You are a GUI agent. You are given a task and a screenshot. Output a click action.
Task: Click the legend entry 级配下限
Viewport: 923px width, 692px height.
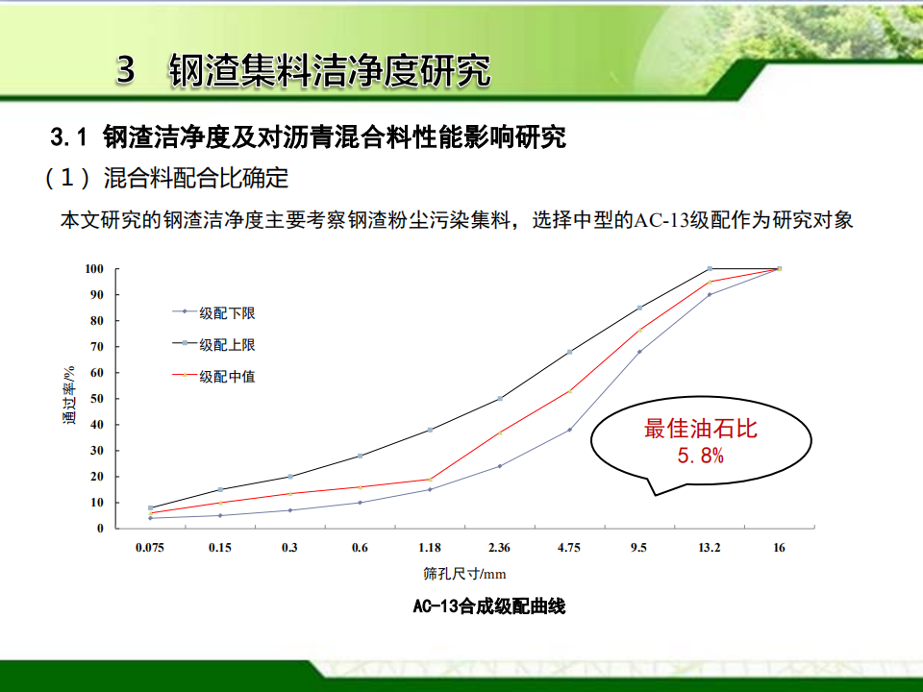click(213, 312)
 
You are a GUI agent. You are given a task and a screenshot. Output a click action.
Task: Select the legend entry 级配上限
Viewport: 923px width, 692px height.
click(213, 344)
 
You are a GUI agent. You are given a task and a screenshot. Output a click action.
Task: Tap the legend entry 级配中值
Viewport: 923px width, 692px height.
click(213, 376)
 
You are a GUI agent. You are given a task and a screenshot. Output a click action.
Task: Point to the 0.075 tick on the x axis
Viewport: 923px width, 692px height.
click(150, 548)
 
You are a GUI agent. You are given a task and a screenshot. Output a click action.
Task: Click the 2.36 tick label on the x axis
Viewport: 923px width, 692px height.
click(499, 548)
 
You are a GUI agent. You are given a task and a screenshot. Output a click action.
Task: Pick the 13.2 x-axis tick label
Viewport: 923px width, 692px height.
click(710, 548)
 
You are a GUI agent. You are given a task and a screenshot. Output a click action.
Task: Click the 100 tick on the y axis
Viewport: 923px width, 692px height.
click(94, 269)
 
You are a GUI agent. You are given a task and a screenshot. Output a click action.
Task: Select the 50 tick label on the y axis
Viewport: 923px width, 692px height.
click(96, 398)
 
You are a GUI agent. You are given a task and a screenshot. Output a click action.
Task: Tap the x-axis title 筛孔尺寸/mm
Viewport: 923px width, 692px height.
click(464, 574)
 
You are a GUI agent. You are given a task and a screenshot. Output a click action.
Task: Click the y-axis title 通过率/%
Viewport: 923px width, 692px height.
click(69, 395)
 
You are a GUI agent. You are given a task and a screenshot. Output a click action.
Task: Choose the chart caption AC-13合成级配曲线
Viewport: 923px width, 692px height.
click(489, 606)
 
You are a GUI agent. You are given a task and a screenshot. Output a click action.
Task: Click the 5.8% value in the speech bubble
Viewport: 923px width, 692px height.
click(701, 456)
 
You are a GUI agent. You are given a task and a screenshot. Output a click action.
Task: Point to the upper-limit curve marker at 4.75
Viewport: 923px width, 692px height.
click(569, 352)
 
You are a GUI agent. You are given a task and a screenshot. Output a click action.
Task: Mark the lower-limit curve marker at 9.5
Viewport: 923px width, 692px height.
click(639, 352)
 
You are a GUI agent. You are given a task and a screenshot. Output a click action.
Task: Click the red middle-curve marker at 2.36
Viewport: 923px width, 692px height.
click(500, 432)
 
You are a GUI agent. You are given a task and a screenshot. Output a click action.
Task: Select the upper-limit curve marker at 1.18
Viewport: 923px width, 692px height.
click(430, 430)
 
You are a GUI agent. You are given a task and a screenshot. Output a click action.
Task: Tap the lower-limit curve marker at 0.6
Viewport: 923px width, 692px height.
click(360, 503)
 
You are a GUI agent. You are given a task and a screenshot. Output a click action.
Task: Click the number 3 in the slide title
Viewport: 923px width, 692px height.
click(125, 69)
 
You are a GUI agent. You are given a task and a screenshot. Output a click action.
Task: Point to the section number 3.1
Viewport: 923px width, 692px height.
click(68, 137)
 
